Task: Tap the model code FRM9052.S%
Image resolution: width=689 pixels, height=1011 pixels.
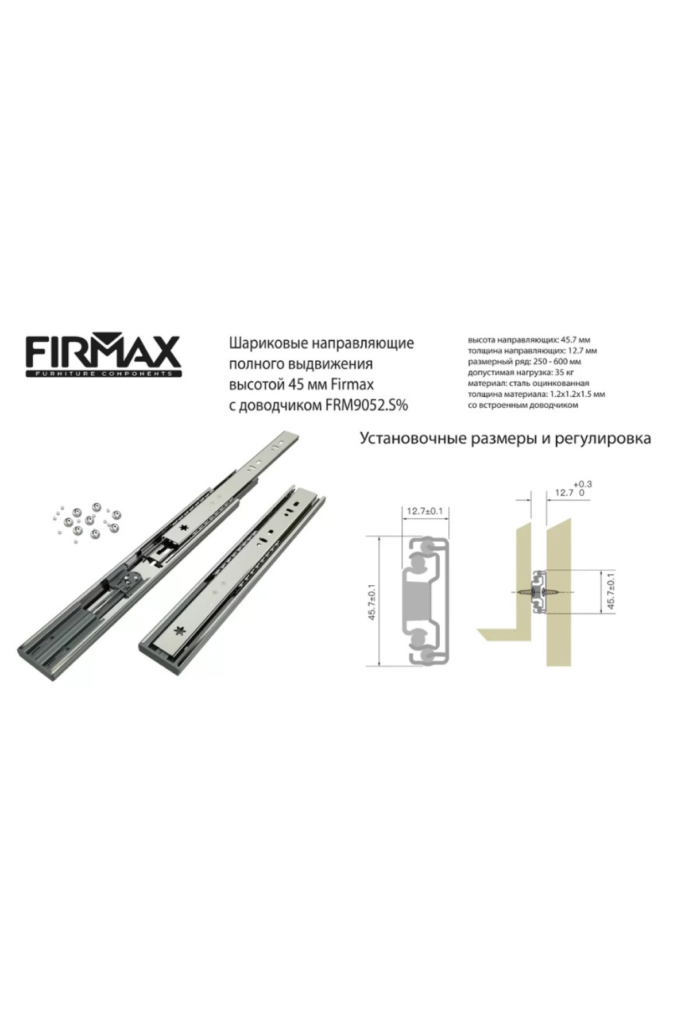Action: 367,405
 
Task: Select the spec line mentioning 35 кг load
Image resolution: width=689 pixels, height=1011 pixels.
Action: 517,372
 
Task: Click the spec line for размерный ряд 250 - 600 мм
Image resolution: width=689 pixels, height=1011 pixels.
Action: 525,361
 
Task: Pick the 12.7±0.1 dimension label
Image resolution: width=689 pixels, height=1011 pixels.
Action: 425,511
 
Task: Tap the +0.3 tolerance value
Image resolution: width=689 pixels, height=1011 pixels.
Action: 582,484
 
